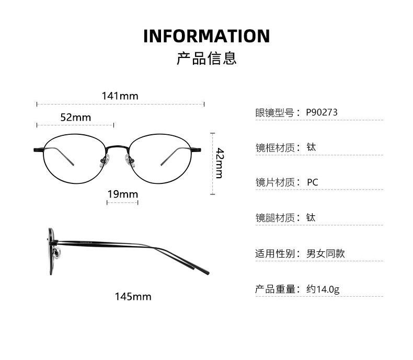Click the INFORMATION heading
[206, 36]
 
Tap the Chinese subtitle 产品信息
[206, 58]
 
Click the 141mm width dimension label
[120, 96]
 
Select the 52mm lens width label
[75, 118]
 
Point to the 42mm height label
[220, 163]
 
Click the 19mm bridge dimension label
[122, 194]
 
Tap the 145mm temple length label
[133, 297]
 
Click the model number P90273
[322, 112]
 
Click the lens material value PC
[312, 182]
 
